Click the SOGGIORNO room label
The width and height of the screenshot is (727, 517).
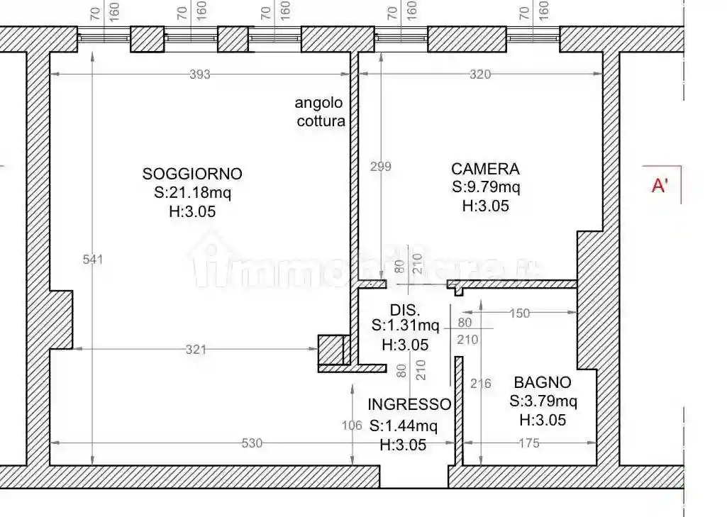192,174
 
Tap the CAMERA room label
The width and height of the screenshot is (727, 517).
485,169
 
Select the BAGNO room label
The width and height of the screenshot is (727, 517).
543,383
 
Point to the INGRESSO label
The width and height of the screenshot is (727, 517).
409,405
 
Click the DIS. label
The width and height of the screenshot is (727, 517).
406,310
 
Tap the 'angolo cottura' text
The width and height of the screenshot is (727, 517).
320,112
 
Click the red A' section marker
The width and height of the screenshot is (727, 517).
660,186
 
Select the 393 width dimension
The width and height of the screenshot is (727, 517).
200,74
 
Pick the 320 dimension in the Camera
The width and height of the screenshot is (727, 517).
480,74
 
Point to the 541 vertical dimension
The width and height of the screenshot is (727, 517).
93,260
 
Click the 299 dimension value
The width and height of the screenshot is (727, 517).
382,167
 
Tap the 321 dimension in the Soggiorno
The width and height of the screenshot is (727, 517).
196,349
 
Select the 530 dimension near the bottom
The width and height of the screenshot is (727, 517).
252,443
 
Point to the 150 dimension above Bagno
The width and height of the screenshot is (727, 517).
520,313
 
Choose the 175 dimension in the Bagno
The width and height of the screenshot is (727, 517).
529,443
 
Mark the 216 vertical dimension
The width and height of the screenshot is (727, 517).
481,384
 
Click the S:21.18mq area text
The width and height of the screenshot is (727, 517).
192,192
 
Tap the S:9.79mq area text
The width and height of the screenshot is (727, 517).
486,188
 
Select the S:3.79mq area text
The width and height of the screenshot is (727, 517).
543,401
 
